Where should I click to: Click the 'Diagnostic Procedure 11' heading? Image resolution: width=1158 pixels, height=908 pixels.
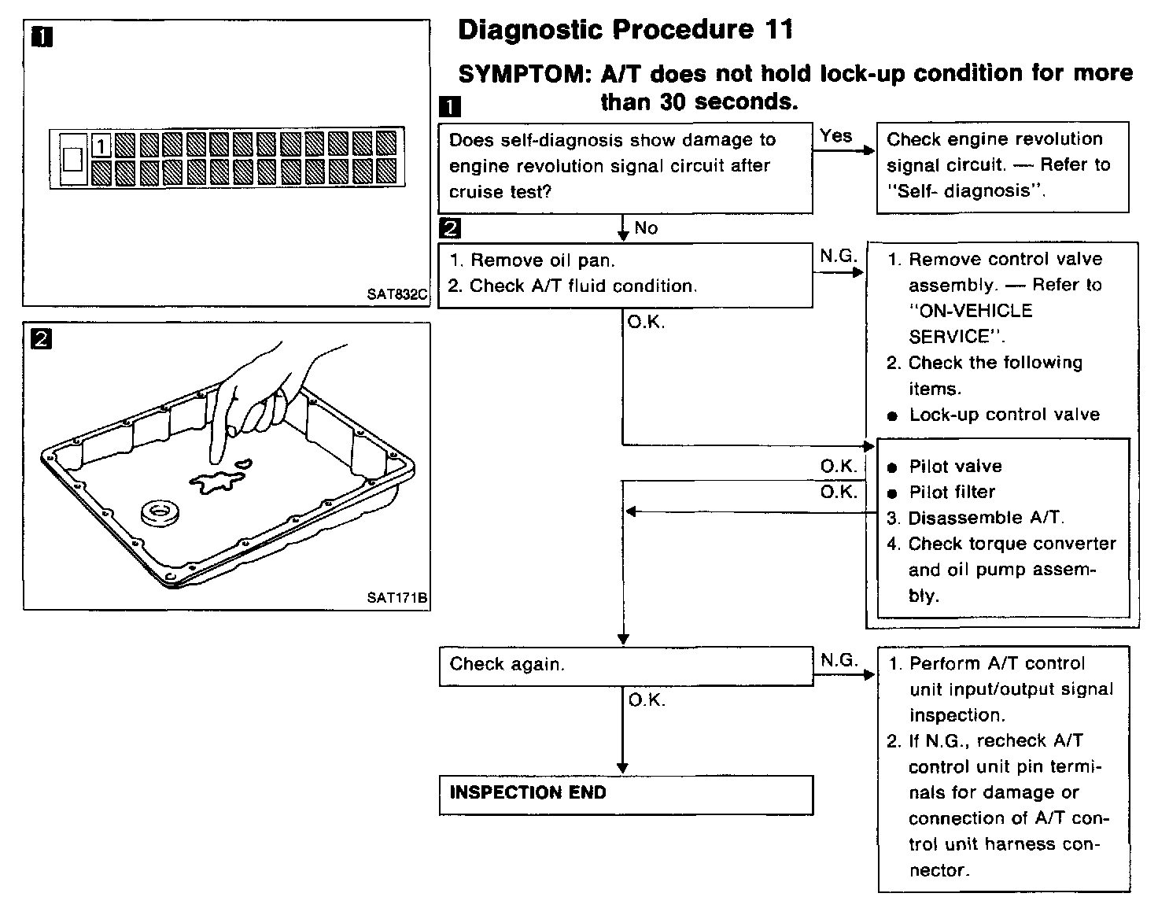625,31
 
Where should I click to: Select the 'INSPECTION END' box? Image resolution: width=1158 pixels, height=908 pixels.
625,794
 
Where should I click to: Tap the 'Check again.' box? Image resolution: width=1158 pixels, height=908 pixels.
625,665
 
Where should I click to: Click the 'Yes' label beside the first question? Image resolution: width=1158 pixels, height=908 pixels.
835,136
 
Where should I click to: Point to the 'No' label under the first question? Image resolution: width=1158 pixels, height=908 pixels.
646,228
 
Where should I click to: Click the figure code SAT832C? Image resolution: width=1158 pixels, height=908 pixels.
396,295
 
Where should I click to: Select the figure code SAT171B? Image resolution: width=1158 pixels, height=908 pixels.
396,598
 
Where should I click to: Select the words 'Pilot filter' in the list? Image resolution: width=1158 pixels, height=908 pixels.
952,493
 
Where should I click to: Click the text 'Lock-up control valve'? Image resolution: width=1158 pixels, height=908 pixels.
1004,415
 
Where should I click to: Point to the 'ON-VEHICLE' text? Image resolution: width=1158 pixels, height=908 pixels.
970,311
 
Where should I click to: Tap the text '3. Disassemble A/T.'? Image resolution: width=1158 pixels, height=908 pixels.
975,519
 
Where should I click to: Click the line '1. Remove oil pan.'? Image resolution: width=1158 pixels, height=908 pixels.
532,260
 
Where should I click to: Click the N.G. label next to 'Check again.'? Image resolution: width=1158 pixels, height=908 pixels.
839,660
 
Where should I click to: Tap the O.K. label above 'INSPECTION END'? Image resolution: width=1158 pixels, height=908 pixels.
647,700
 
